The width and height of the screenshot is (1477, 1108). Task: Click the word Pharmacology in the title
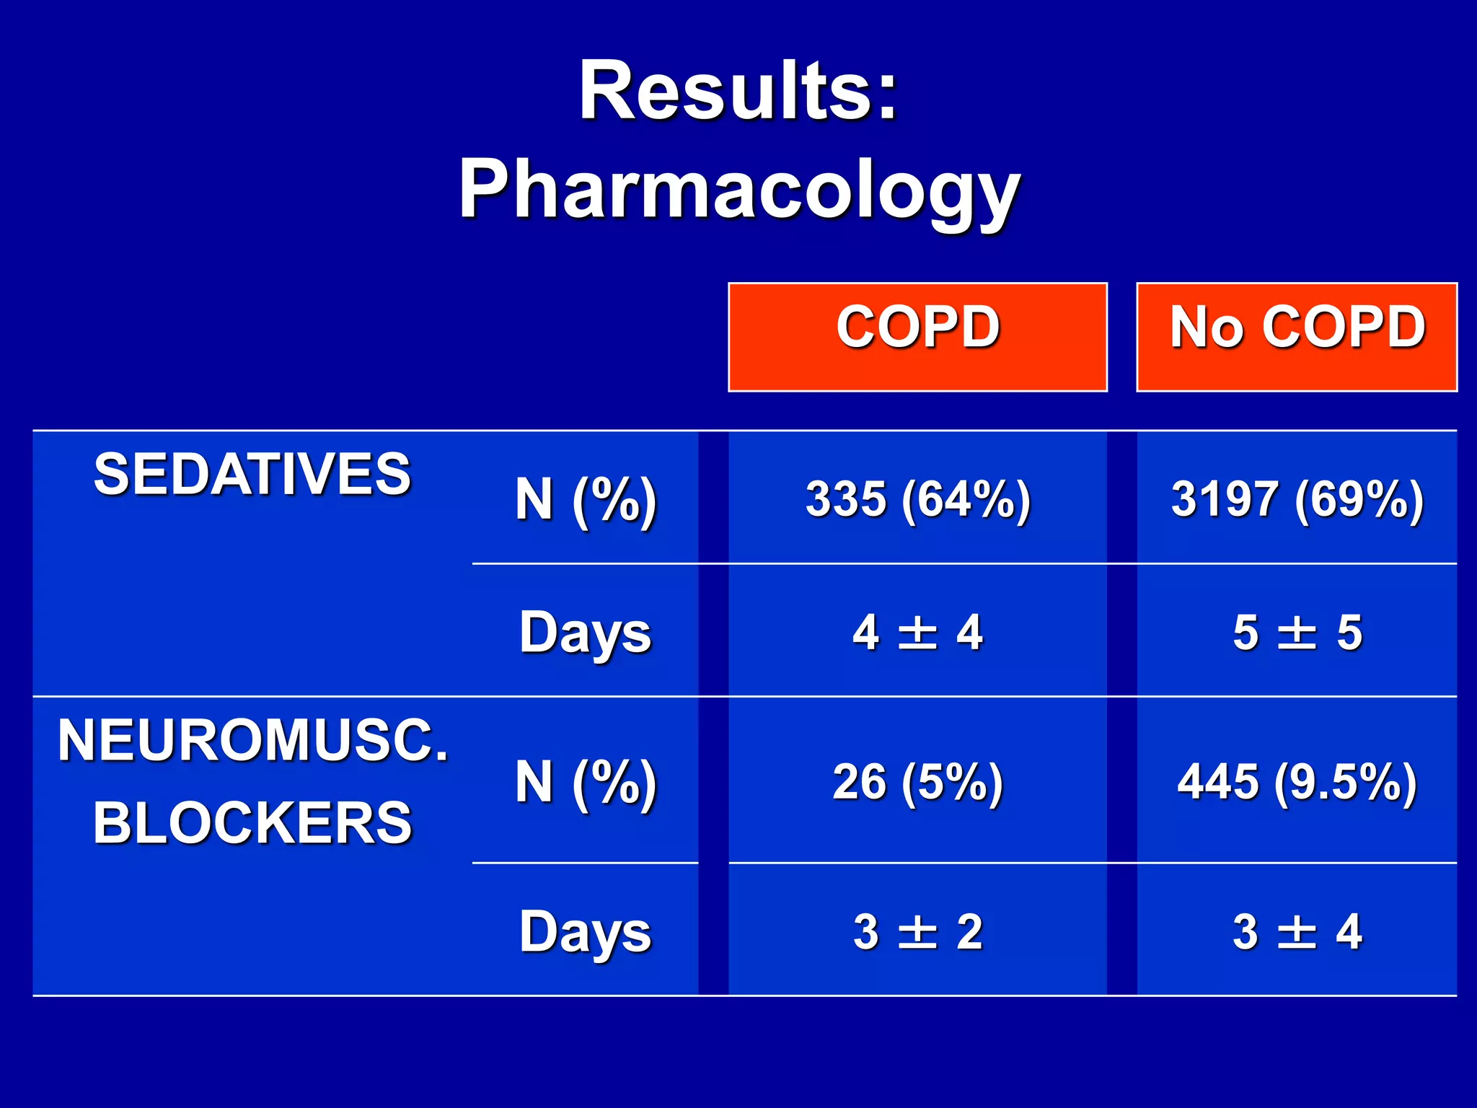pyautogui.click(x=739, y=189)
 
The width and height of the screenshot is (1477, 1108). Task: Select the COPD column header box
pyautogui.click(x=917, y=336)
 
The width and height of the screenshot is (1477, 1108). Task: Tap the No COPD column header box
pyautogui.click(x=1297, y=336)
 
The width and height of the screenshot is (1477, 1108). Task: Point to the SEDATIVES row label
pyautogui.click(x=252, y=474)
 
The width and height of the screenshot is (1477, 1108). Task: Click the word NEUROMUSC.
pyautogui.click(x=252, y=741)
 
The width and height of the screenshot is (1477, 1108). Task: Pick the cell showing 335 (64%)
pyautogui.click(x=917, y=499)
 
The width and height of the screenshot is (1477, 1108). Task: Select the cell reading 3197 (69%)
pyautogui.click(x=1297, y=499)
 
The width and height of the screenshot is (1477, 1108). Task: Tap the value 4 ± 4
pyautogui.click(x=917, y=633)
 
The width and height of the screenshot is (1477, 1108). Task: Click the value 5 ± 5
pyautogui.click(x=1297, y=633)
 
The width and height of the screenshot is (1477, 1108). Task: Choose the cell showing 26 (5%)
pyautogui.click(x=917, y=782)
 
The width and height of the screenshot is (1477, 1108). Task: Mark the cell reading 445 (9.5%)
pyautogui.click(x=1297, y=782)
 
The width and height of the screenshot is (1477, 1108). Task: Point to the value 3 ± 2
pyautogui.click(x=917, y=931)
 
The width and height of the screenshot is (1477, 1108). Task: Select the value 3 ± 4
pyautogui.click(x=1297, y=931)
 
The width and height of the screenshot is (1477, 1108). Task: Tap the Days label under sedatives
pyautogui.click(x=586, y=633)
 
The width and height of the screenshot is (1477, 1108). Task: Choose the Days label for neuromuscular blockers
pyautogui.click(x=586, y=931)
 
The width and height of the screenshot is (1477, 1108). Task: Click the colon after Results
pyautogui.click(x=886, y=99)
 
